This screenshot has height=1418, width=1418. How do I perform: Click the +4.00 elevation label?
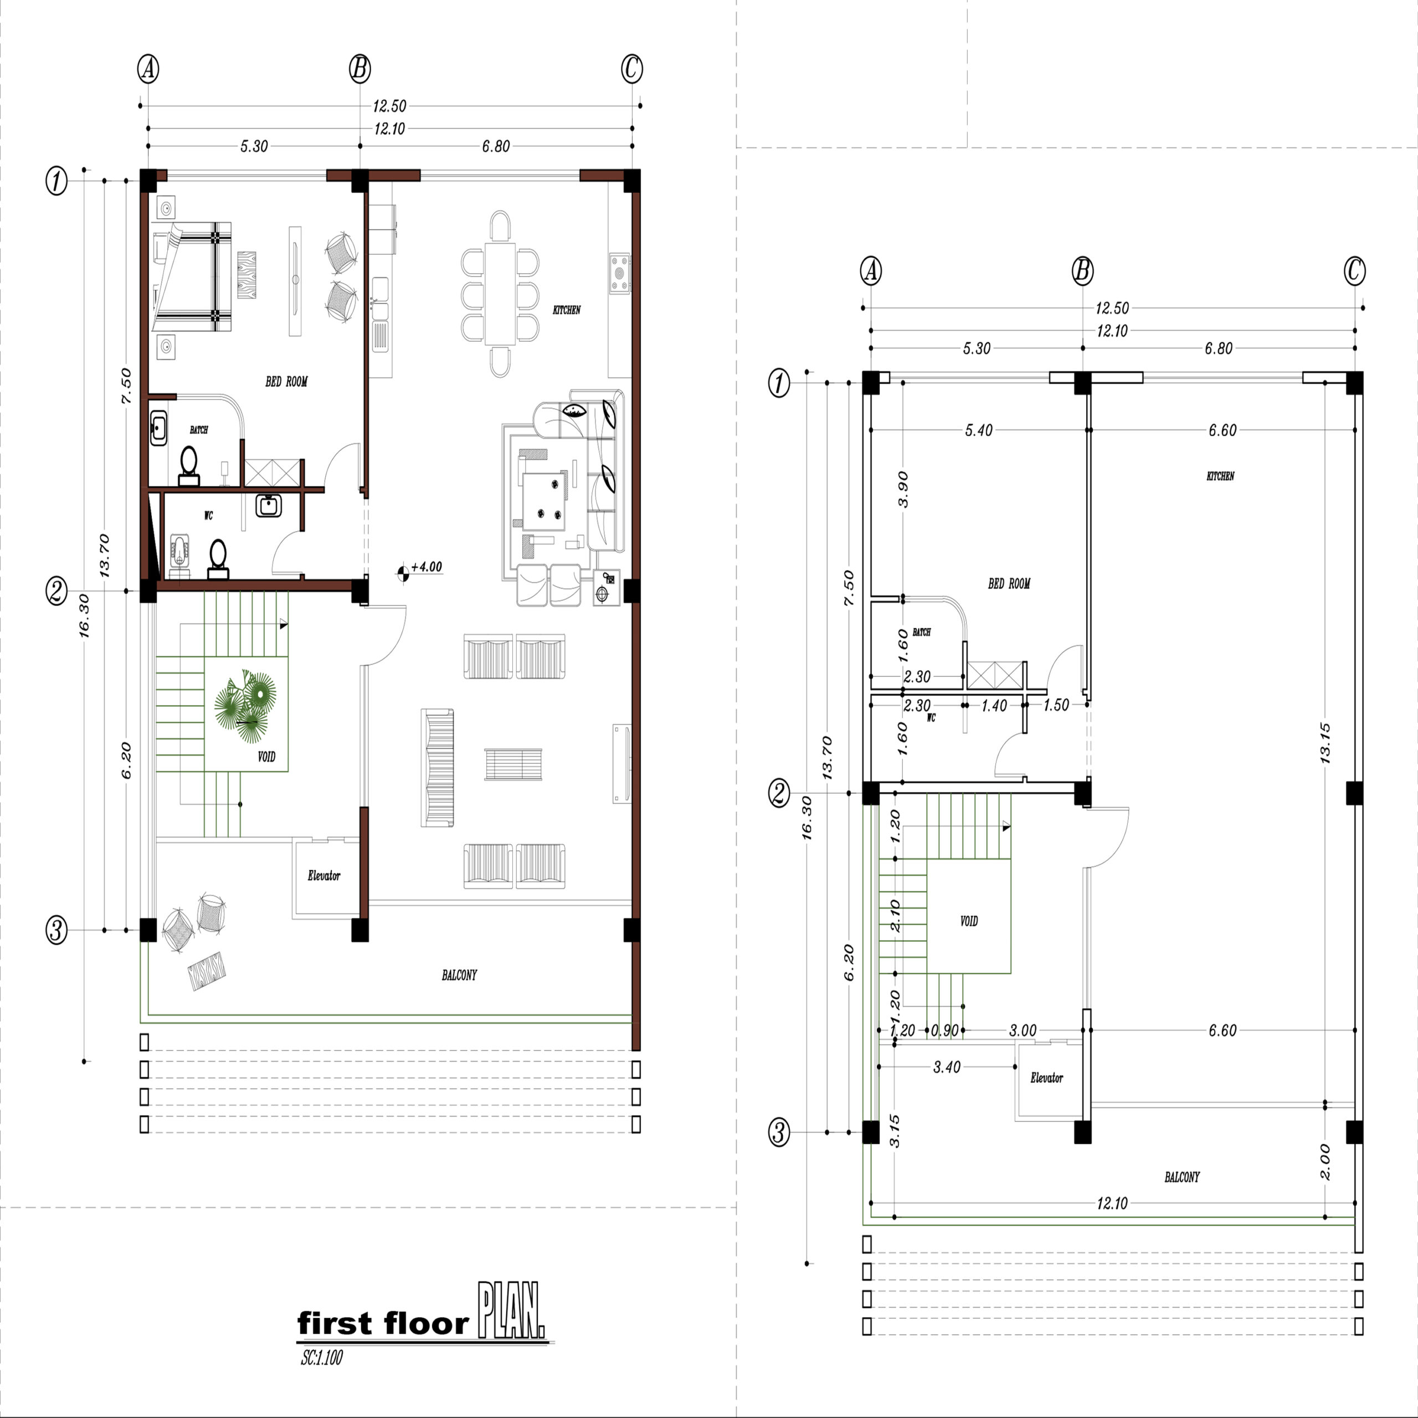[427, 567]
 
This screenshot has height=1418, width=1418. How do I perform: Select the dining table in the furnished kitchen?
[500, 294]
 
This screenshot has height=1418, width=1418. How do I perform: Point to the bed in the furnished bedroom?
[192, 273]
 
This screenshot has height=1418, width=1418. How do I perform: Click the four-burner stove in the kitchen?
[619, 274]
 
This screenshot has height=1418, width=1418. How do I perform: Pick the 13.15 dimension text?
[1325, 743]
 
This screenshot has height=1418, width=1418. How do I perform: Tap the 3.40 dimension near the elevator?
[947, 1067]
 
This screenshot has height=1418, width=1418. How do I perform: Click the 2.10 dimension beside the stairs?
[895, 915]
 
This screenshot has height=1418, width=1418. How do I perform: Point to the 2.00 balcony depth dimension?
[1325, 1162]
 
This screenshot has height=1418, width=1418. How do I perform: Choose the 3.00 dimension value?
[1023, 1030]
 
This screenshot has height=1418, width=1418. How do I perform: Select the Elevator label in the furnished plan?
[323, 876]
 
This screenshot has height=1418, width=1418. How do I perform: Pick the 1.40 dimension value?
[994, 706]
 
